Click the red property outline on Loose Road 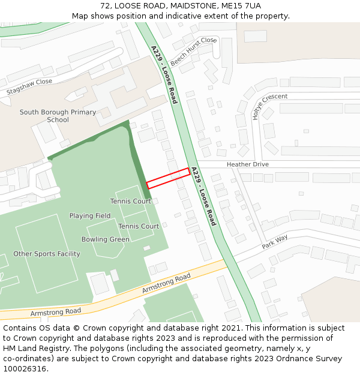(169, 178)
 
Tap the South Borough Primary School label (58, 116)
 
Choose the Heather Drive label (247, 164)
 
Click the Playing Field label (90, 215)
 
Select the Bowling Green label (106, 239)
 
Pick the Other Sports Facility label (47, 254)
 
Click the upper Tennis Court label (130, 201)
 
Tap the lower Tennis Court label (139, 226)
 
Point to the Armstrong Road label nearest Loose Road (166, 283)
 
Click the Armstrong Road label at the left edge (56, 312)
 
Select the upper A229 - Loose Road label (164, 74)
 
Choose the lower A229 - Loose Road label (203, 196)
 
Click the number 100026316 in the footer (24, 368)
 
